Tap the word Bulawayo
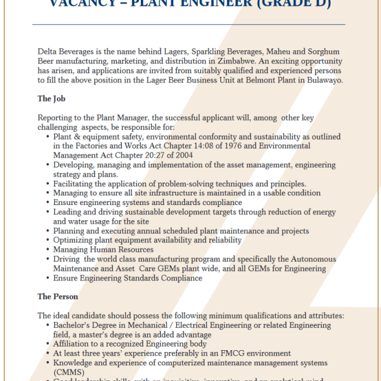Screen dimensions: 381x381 (324, 80)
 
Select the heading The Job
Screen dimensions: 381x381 (51, 99)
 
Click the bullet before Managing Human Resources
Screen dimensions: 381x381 (48, 250)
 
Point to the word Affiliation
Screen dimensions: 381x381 (75, 344)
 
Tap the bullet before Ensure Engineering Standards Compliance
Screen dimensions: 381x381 (48, 278)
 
